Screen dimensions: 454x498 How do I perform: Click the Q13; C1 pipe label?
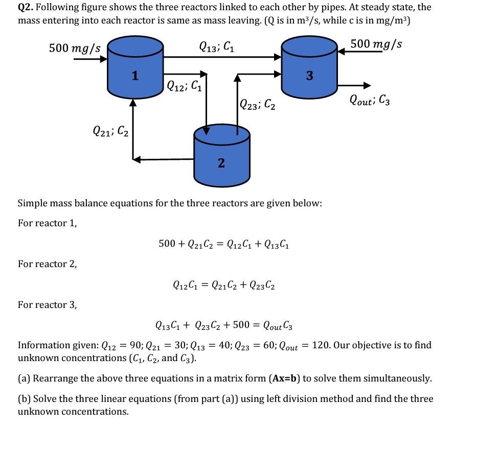coord(217,47)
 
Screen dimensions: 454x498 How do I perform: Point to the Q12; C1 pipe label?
coord(185,86)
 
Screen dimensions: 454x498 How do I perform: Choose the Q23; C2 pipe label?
coord(258,105)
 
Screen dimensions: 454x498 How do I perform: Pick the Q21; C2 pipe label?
coord(111,131)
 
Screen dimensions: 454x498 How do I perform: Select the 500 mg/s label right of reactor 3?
coord(376,44)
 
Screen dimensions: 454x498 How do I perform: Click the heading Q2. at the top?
coord(26,8)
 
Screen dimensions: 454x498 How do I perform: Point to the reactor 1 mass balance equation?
coord(224,244)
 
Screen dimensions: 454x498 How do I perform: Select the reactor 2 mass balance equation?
coord(224,285)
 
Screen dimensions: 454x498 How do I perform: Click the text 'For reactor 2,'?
coord(48,264)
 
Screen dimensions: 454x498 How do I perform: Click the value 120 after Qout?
coord(320,345)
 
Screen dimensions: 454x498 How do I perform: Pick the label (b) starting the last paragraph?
coord(24,399)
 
